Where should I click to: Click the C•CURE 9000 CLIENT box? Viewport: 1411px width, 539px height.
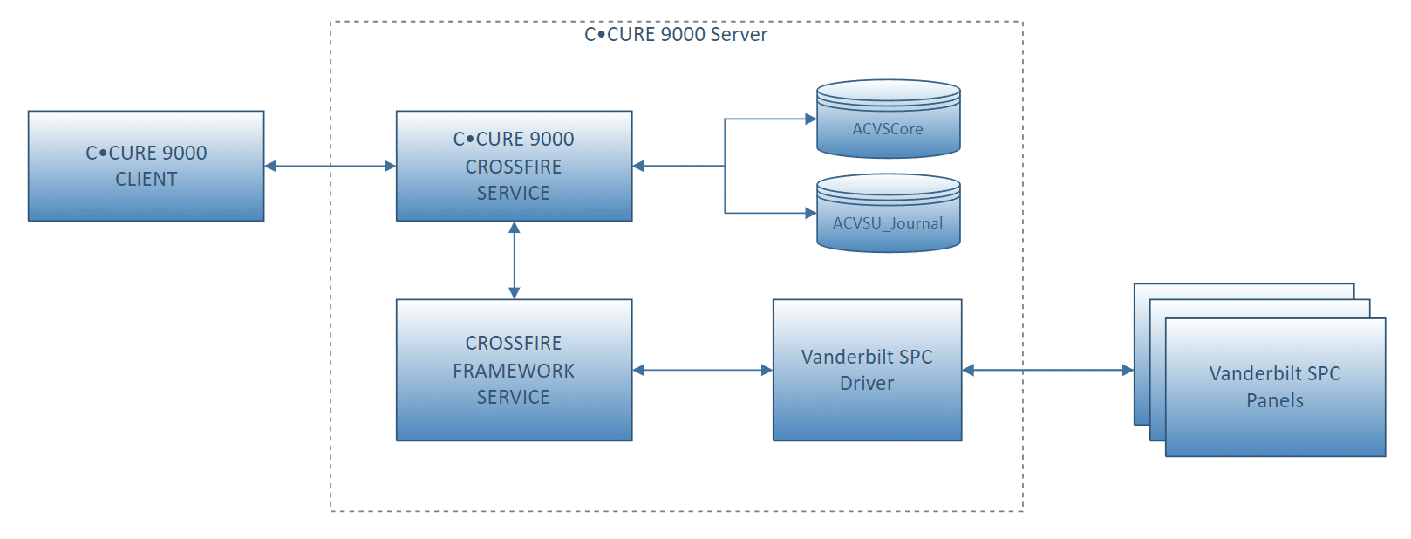tap(147, 167)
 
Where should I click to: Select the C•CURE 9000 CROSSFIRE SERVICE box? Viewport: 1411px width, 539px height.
tap(514, 167)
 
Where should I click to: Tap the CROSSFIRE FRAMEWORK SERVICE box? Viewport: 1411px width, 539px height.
tap(514, 371)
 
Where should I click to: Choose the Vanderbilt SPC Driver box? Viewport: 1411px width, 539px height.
tap(868, 371)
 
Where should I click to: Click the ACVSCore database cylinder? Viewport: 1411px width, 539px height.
tap(888, 119)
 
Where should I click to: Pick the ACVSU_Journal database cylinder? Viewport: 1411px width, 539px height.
tap(888, 214)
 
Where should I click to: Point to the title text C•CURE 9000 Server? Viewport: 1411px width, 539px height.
tap(676, 34)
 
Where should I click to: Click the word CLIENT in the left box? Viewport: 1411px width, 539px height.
tap(147, 180)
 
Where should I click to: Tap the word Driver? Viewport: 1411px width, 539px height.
tap(867, 384)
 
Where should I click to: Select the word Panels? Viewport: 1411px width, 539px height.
tap(1275, 400)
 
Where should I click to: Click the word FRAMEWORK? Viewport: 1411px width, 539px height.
tap(514, 371)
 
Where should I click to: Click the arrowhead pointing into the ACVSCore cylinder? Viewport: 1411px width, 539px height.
tap(811, 119)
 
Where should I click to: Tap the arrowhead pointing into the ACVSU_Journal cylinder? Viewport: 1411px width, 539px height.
tap(811, 214)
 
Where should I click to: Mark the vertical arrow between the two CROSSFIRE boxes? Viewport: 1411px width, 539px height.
tap(514, 260)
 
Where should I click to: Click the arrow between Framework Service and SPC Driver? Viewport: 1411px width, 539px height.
tap(703, 371)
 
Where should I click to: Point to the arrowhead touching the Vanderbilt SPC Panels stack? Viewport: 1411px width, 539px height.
tap(1128, 371)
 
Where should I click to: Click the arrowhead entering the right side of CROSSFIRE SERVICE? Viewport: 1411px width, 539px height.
tap(638, 167)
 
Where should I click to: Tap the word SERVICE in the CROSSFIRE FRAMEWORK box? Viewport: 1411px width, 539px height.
tap(514, 398)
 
